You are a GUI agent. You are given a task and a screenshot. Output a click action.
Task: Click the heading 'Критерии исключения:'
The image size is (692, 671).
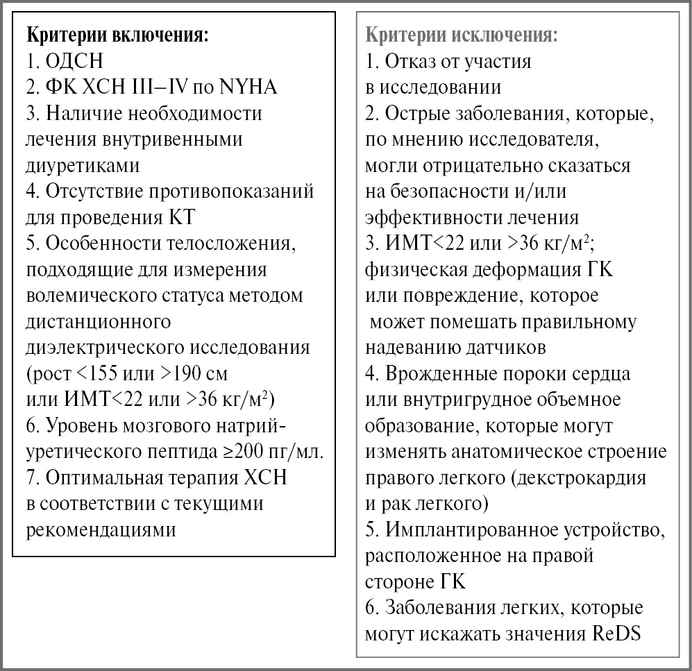(x=462, y=35)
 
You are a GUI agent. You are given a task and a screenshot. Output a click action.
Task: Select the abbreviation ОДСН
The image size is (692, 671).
(x=74, y=61)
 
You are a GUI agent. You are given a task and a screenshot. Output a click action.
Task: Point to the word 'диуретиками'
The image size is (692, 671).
(x=82, y=165)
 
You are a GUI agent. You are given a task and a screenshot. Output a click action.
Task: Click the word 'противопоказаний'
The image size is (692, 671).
(x=228, y=191)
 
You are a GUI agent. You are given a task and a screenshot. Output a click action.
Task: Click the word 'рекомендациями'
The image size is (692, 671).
(x=100, y=529)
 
